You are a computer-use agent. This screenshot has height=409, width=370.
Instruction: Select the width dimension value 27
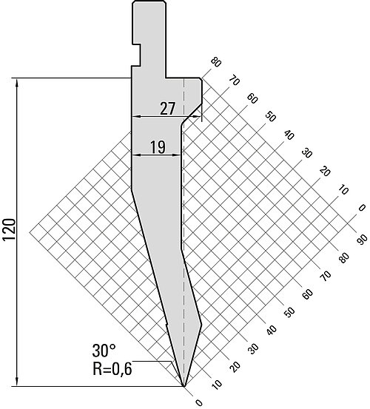tap(167, 109)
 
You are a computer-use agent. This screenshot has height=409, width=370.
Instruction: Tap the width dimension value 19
tap(158, 147)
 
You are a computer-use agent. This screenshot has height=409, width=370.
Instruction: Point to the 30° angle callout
tap(104, 351)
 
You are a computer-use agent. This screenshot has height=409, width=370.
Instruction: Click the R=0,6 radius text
tap(112, 368)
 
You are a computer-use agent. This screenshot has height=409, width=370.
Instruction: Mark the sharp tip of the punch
tap(184, 386)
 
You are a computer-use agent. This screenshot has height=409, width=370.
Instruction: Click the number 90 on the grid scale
tap(362, 240)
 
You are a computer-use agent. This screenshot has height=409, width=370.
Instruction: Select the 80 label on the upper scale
tap(216, 63)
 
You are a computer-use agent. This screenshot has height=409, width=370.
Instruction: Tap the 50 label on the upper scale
tap(270, 116)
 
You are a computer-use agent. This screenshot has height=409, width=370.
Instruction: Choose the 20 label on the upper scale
tap(325, 172)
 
